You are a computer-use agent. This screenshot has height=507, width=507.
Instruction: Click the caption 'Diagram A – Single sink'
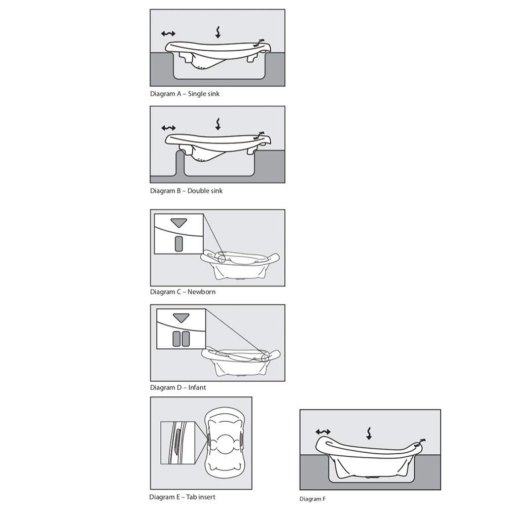point(185,94)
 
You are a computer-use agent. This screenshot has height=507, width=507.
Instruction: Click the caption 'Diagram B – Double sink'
point(186,191)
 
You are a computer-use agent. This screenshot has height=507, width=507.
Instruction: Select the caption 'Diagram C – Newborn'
point(183,292)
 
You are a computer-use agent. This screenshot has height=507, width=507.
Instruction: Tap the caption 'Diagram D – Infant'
point(178,387)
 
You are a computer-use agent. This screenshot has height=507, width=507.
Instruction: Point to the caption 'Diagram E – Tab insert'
point(182,497)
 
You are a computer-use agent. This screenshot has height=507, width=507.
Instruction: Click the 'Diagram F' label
point(312,499)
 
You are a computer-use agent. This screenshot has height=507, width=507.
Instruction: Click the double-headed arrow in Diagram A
point(168,33)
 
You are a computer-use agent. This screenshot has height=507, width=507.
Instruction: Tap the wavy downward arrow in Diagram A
point(218,32)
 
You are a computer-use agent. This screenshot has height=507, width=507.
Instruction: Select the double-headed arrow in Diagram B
point(168,128)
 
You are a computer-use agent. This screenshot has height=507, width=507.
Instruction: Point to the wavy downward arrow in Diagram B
point(218,124)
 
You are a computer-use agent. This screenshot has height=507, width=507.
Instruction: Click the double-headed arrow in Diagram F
point(323,431)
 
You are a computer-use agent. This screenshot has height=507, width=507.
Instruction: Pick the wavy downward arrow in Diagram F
point(369,433)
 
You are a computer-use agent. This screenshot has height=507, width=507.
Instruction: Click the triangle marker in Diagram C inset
point(179,223)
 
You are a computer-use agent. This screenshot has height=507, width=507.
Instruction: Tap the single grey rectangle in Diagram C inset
point(179,244)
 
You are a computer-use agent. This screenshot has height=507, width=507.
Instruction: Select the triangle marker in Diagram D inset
point(181,318)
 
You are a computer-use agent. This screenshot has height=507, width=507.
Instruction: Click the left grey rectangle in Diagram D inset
point(176,339)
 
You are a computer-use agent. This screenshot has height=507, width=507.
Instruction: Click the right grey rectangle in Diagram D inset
point(186,339)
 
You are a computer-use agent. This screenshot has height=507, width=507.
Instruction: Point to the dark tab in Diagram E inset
point(177,442)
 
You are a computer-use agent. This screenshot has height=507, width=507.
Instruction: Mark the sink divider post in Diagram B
point(180,163)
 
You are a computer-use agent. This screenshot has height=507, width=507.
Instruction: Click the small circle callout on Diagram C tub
point(222,259)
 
